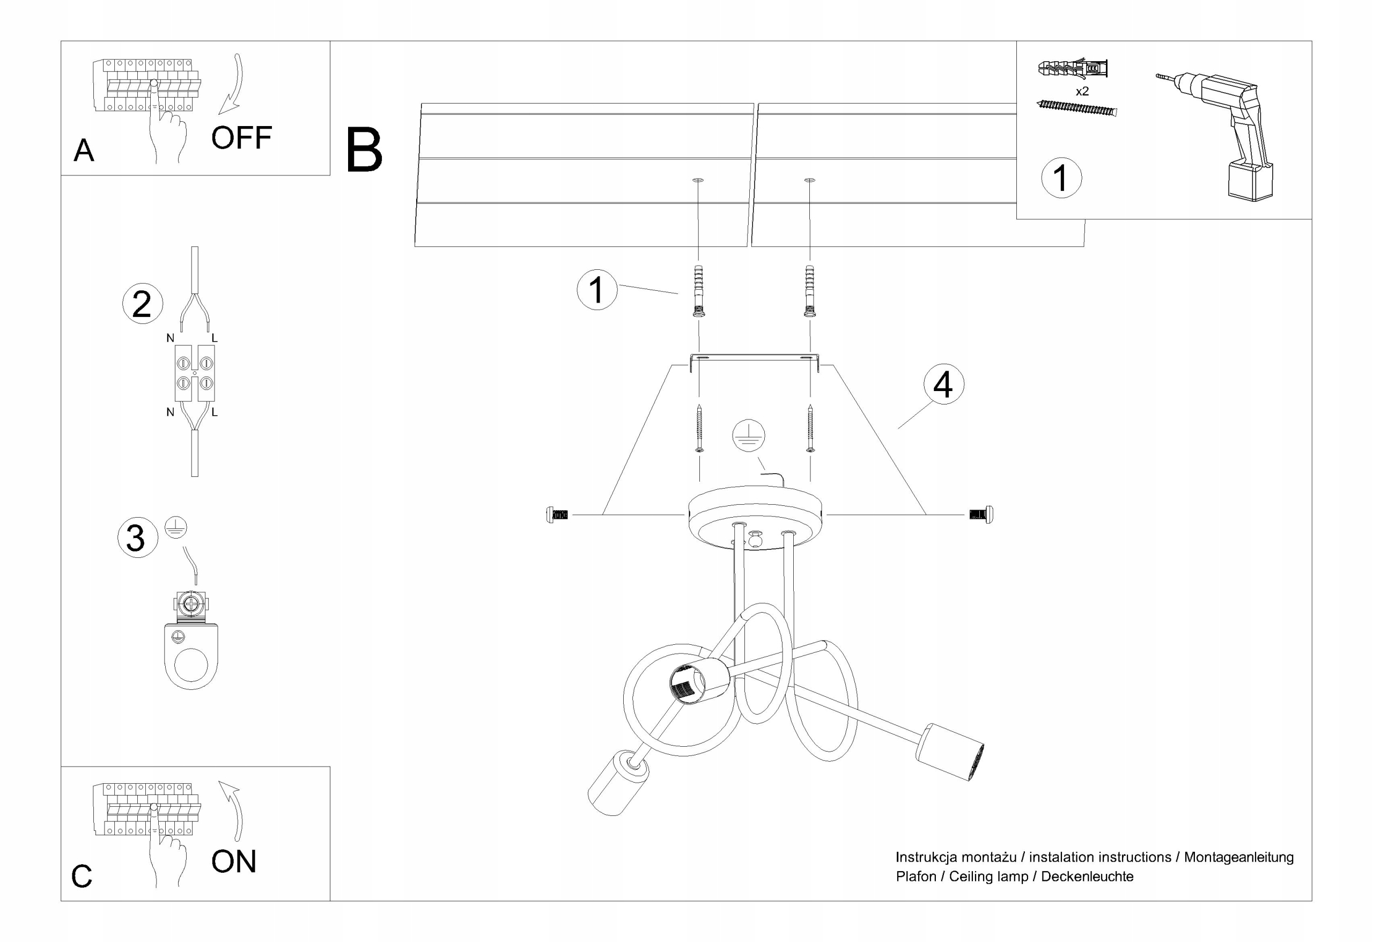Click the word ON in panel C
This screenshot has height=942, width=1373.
(x=234, y=862)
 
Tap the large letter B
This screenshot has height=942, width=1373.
(x=364, y=151)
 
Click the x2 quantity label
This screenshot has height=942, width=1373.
(x=1082, y=92)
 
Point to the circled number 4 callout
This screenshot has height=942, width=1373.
(x=943, y=385)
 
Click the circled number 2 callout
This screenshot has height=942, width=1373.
(x=142, y=304)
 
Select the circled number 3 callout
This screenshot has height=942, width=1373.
(x=137, y=538)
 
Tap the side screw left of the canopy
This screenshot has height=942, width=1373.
(x=557, y=515)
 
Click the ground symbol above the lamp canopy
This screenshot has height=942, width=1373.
(x=749, y=436)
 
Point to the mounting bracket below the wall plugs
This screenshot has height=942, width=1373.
(x=755, y=359)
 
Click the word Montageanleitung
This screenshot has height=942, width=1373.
(x=1238, y=857)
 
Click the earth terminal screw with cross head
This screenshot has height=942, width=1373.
(x=191, y=604)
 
